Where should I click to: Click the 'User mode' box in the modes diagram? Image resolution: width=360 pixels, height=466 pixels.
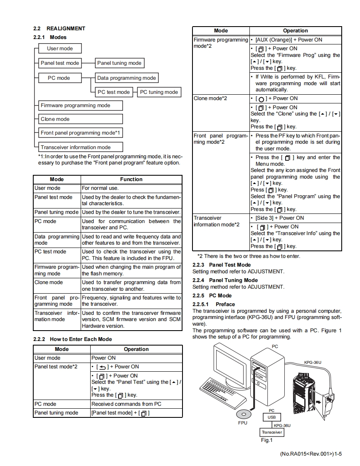60,49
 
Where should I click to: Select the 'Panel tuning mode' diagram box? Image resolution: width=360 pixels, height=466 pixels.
119,63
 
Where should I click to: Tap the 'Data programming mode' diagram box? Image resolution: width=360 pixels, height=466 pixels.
126,78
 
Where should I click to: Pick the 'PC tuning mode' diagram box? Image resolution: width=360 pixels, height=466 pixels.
159,92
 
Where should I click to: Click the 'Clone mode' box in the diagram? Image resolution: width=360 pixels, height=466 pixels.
81,119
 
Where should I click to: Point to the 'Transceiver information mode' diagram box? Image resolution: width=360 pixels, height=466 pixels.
81,147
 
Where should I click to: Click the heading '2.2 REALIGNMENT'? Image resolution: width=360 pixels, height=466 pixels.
59,29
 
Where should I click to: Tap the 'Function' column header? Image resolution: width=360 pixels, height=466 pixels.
131,179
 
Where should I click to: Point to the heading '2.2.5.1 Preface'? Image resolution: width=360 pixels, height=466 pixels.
214,304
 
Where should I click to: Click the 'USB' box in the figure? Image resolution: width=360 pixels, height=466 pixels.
271,417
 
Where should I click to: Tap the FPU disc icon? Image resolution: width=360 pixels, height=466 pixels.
244,414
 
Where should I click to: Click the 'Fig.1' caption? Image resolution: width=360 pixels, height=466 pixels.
266,440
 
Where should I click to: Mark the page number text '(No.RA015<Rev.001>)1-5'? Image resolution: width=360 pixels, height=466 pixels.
311,454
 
